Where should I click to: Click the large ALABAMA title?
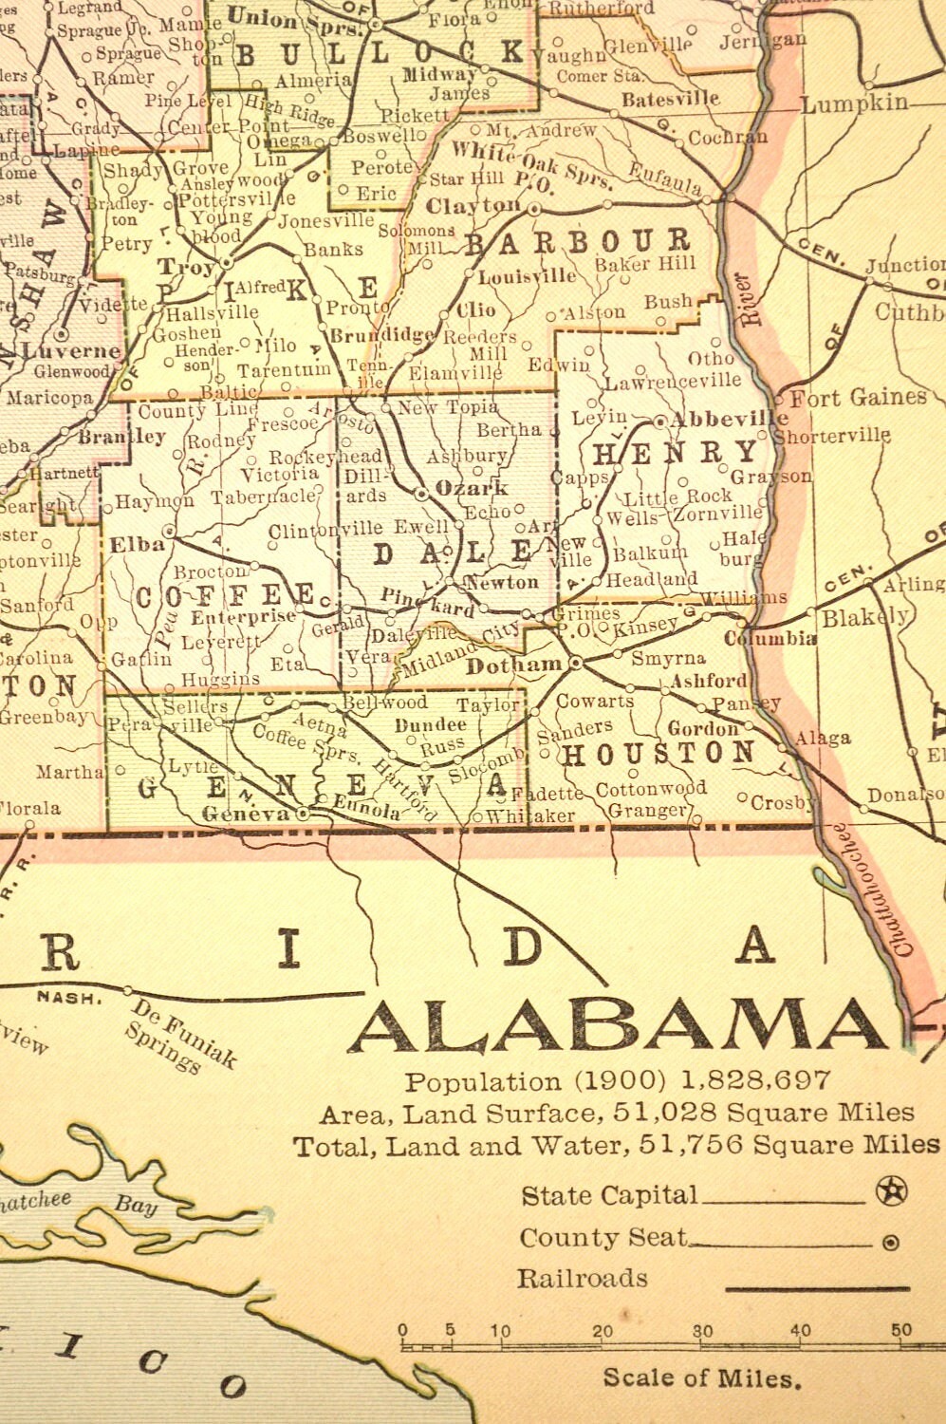point(617,1027)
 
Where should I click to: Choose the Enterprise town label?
point(244,617)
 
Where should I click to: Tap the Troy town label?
point(186,267)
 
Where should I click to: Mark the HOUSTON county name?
point(658,755)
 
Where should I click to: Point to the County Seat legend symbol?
point(890,1242)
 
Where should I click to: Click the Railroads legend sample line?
point(816,1288)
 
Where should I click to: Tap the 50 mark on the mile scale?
point(901,1330)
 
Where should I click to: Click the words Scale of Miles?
point(702,1377)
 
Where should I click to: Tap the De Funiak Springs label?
point(180,1036)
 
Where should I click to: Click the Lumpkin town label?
point(854,103)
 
